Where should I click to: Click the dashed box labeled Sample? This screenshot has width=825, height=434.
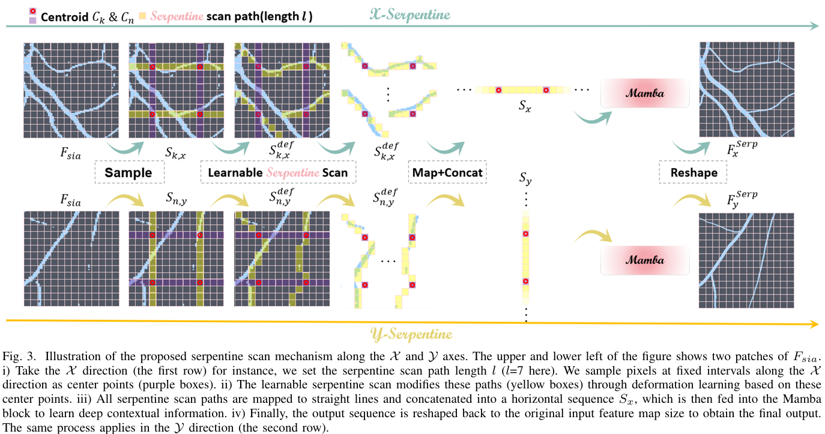pos(128,173)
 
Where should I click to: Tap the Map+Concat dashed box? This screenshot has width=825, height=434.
pos(447,173)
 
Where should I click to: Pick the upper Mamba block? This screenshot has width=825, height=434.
pos(644,94)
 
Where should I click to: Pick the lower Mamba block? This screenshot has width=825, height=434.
pos(644,261)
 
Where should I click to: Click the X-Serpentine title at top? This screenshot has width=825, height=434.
pos(409,14)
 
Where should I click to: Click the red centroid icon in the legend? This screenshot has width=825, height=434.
pos(32,11)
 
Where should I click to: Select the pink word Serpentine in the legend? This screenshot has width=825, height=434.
pos(177,16)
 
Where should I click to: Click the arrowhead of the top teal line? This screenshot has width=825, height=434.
pos(813,26)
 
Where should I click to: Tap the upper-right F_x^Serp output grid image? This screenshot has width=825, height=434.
pos(746,89)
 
